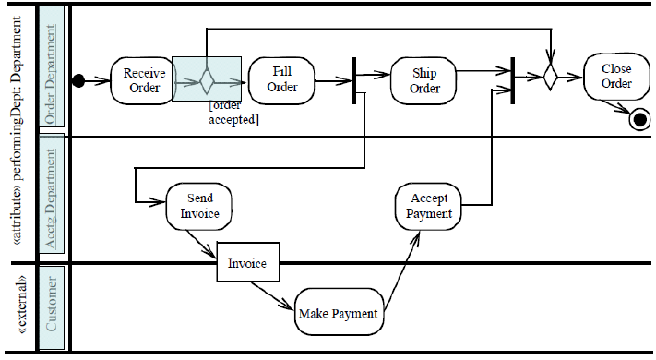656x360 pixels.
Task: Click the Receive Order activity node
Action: coord(143,80)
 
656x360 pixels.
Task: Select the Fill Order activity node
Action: coord(282,79)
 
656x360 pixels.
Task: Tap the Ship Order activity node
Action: coord(424,81)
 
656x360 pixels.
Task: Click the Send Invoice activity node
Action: coord(200,206)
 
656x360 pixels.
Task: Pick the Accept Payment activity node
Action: coord(429,206)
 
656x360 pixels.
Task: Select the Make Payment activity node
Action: coord(338,313)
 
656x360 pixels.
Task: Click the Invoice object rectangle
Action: coord(247,264)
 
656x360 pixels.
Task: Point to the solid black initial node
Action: coord(79,81)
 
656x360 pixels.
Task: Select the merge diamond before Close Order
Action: coord(550,77)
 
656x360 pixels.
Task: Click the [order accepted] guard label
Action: coord(233,114)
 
